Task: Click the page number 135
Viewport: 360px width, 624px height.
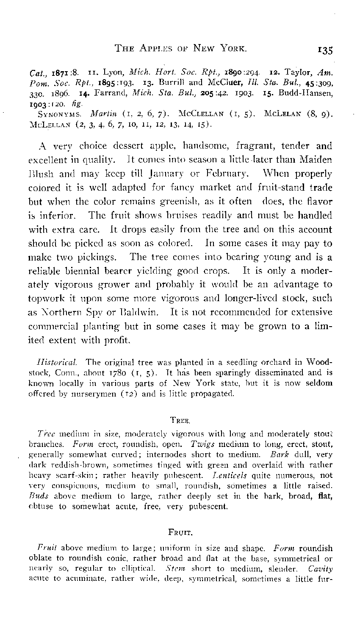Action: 324,50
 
